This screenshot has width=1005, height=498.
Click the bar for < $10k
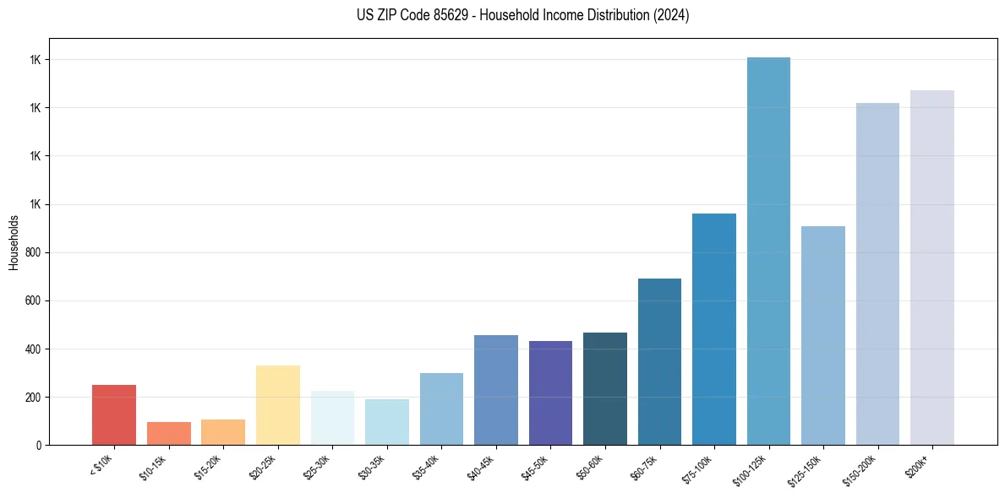coord(114,414)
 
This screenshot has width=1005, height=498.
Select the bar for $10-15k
coord(169,433)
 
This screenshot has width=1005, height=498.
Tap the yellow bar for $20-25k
coord(278,405)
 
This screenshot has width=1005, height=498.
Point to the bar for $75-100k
coord(714,329)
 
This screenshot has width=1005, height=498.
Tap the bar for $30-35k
coord(387,422)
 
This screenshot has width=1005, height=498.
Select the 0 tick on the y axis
coord(40,445)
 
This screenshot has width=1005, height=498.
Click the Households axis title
coord(14,242)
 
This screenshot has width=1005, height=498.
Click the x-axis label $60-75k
coord(645,466)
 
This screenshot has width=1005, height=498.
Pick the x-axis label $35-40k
coord(427,466)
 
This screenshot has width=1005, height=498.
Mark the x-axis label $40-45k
coord(481,466)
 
